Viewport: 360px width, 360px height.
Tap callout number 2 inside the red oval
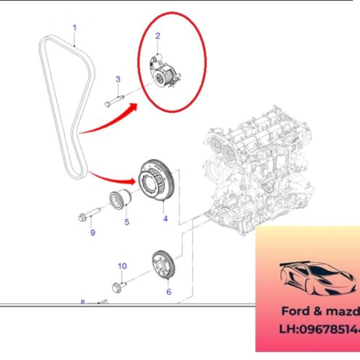pyautogui.click(x=158, y=35)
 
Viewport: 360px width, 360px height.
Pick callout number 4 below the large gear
pyautogui.click(x=165, y=218)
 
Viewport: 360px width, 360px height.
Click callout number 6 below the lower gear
pyautogui.click(x=168, y=293)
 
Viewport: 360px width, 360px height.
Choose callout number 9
pyautogui.click(x=93, y=233)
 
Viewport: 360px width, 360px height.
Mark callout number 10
pyautogui.click(x=121, y=266)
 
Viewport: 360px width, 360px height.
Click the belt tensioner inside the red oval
pyautogui.click(x=163, y=73)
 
